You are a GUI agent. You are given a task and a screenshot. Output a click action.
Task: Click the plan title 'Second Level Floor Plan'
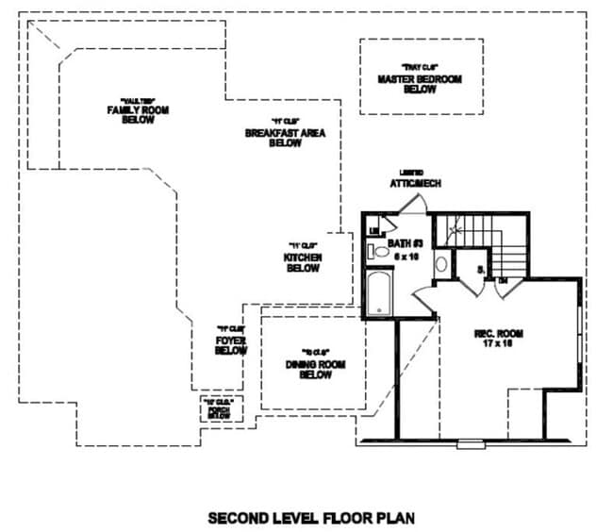click(x=310, y=518)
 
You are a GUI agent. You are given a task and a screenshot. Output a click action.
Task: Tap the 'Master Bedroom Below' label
click(x=420, y=84)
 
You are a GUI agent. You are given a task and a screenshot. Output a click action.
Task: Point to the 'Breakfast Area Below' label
click(x=285, y=139)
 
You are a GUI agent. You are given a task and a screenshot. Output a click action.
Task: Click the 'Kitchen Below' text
click(x=304, y=262)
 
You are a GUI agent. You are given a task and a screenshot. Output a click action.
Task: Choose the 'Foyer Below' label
click(x=230, y=345)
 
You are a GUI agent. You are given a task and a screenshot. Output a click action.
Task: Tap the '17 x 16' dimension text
click(x=498, y=345)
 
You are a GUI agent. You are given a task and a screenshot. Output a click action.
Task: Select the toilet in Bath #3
click(x=381, y=252)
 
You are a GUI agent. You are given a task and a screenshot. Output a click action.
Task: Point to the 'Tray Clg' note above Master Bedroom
click(x=420, y=66)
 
